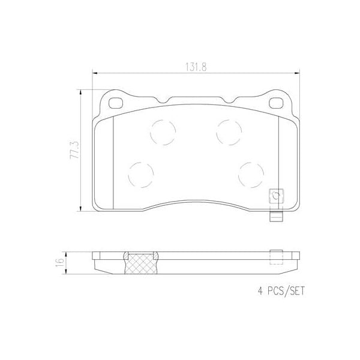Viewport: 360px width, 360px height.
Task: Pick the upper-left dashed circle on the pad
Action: point(161,131)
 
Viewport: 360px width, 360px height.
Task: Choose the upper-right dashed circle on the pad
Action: point(229,131)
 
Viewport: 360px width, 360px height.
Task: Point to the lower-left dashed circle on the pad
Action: point(140,174)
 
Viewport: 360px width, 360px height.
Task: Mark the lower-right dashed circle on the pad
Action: point(250,174)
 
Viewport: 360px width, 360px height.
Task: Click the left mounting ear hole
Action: point(113,102)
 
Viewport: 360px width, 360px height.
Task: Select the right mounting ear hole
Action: point(277,102)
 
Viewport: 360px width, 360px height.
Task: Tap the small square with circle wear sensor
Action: point(277,195)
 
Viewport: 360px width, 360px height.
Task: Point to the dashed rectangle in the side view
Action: point(276,257)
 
